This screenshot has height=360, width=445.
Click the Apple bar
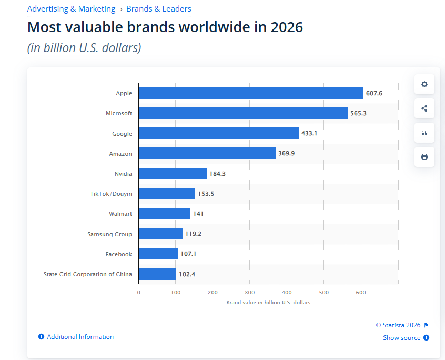251,93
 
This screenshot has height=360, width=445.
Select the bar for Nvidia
173,174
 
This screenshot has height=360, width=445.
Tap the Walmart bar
165,214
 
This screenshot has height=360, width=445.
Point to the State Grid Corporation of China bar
157,274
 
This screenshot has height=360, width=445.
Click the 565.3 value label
358,113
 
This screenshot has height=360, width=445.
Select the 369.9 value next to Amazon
286,153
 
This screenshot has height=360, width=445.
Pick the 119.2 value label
193,234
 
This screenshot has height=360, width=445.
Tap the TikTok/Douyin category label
111,194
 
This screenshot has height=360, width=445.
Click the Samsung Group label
109,234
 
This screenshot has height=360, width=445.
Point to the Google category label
122,134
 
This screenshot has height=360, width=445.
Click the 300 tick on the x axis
250,293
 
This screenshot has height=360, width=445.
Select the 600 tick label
361,293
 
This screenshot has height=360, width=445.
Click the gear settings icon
424,84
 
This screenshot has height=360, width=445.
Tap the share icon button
424,108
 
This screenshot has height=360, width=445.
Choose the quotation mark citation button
424,133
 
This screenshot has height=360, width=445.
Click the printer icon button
424,157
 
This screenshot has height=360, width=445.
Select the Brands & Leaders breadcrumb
159,9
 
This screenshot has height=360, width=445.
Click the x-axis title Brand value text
268,302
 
